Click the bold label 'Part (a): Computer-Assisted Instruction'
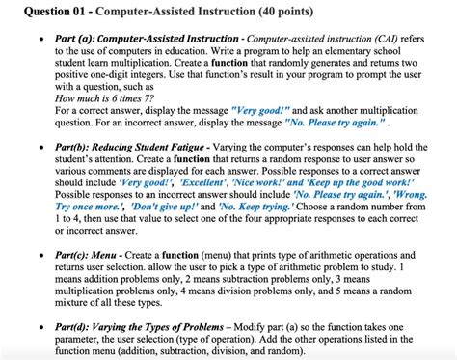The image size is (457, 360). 141,38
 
